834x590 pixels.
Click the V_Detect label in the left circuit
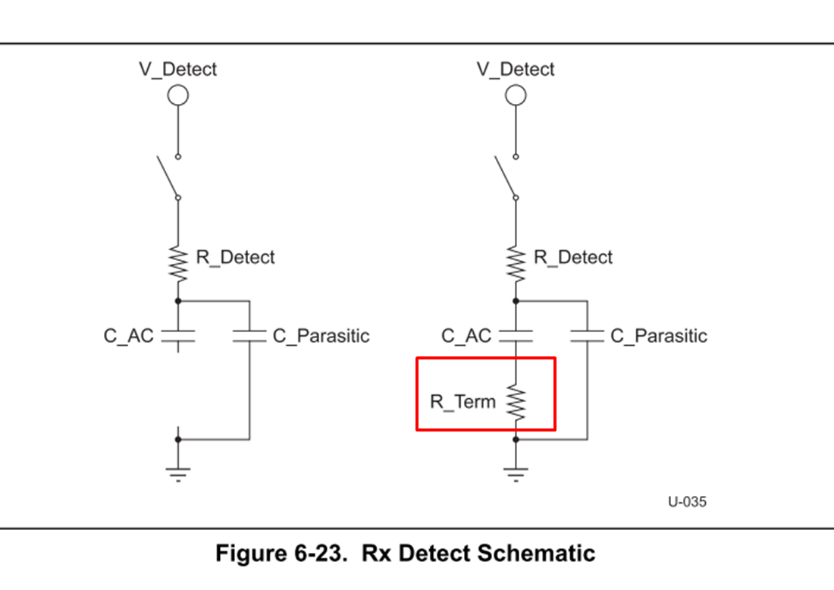177,69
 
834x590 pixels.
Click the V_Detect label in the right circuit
516,69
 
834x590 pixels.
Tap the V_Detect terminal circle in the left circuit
178,96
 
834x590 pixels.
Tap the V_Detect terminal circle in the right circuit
516,96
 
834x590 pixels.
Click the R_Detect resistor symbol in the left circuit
178,262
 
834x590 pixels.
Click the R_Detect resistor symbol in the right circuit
516,262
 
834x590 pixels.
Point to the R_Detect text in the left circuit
235,257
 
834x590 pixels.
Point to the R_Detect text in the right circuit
573,257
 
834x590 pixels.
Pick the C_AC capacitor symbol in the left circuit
178,336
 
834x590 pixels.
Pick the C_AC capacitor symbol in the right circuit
516,336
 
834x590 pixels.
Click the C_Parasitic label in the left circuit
321,336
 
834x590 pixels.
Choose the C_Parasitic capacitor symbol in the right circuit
588,336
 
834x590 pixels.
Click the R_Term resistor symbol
516,402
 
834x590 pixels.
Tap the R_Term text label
462,402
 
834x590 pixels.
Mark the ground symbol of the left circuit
178,472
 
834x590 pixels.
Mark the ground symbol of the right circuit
516,472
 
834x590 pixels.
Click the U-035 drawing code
687,501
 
